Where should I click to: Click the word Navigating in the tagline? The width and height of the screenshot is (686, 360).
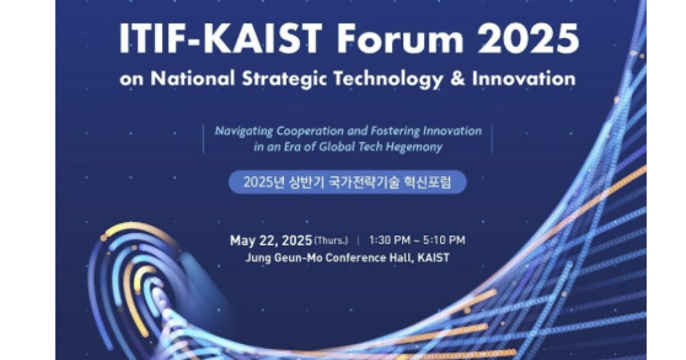coord(241,131)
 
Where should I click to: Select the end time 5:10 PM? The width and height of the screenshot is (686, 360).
coord(445,241)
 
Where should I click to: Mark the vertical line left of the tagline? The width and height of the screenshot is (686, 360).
coord(204,138)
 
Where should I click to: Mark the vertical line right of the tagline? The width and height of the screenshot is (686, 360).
coord(492,138)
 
